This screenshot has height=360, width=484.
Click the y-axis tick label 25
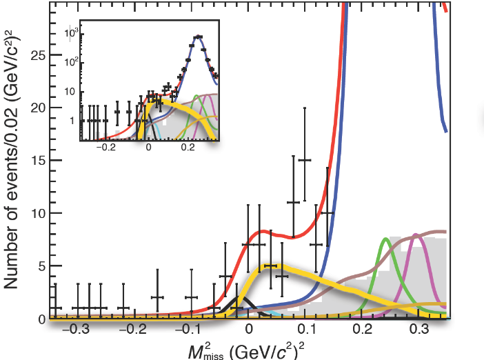[x=37, y=54]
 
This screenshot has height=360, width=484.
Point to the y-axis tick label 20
[x=37, y=108]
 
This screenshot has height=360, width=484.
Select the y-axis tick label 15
[x=37, y=161]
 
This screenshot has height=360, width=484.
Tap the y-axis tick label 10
[x=37, y=214]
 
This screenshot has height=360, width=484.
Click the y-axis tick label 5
[x=41, y=266]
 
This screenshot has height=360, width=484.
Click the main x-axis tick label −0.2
[x=129, y=331]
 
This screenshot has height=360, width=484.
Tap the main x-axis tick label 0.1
[x=308, y=331]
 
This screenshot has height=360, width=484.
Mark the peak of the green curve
[x=385, y=239]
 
